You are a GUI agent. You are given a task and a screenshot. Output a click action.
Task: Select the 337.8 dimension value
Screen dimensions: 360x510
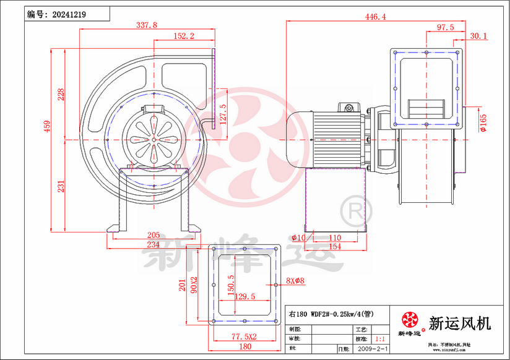pyautogui.click(x=146, y=25)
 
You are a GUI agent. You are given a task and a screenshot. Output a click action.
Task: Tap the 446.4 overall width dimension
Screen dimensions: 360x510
pyautogui.click(x=374, y=17)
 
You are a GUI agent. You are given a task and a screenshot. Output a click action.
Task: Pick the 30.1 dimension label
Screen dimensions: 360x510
pyautogui.click(x=478, y=36)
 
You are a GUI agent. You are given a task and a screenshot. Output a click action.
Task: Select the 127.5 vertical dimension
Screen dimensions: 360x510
pyautogui.click(x=223, y=114)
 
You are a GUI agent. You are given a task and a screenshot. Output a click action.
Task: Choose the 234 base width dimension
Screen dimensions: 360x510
pyautogui.click(x=153, y=245)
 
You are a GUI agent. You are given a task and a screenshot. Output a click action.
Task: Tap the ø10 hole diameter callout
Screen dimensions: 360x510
pyautogui.click(x=299, y=238)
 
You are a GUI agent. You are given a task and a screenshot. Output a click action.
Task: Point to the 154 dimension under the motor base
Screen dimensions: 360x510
pyautogui.click(x=334, y=247)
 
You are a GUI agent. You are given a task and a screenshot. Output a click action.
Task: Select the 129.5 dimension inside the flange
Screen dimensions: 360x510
pyautogui.click(x=245, y=297)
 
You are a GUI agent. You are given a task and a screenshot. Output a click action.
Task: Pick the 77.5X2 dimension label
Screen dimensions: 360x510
pyautogui.click(x=244, y=336)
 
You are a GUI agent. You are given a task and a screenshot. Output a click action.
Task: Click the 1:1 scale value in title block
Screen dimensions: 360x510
pyautogui.click(x=380, y=340)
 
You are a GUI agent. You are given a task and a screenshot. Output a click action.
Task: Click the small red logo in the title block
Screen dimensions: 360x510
pyautogui.click(x=410, y=320)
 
